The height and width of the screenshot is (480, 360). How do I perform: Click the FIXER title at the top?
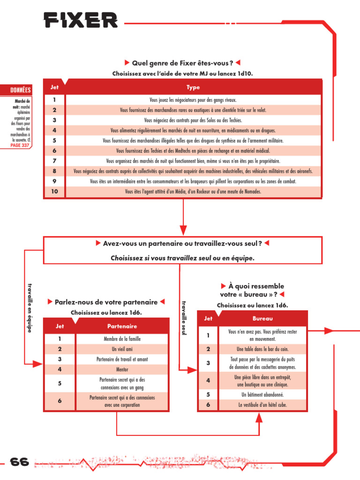[x=81, y=20]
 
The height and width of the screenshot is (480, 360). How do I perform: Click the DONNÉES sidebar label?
[x=20, y=90]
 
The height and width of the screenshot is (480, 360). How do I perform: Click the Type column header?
[x=193, y=87]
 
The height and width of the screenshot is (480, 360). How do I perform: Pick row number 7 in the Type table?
[x=54, y=161]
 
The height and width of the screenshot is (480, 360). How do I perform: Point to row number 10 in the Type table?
[x=54, y=191]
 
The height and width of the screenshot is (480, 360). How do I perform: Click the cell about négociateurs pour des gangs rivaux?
[x=193, y=100]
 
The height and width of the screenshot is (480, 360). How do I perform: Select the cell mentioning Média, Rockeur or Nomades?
[x=193, y=191]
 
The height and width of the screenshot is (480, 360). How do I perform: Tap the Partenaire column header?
[x=122, y=326]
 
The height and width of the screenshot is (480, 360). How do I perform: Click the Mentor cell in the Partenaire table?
[x=122, y=369]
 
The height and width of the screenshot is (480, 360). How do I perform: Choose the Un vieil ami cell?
[x=122, y=349]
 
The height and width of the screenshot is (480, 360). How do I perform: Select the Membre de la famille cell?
[x=122, y=339]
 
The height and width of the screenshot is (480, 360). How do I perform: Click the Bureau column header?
[x=262, y=318]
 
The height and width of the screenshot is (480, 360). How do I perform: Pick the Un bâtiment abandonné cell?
[x=262, y=395]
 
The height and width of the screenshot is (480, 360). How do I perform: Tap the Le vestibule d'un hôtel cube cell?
[x=262, y=405]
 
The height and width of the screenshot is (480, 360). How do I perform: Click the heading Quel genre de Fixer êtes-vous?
[x=183, y=63]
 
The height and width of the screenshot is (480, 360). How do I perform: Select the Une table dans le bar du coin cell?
[x=262, y=349]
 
